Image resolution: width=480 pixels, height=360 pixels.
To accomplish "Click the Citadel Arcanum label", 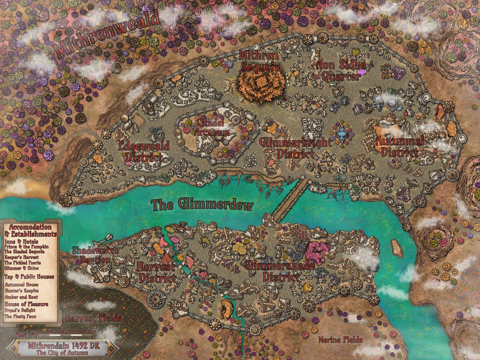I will pos(212,127).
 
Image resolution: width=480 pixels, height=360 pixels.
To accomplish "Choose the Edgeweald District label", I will pos(144,151).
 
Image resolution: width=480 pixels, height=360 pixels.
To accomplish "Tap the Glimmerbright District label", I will pos(295,148).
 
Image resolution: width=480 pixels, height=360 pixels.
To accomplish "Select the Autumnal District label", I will pos(400,146).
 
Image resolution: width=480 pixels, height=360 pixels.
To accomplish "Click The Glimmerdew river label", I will pos(202,205).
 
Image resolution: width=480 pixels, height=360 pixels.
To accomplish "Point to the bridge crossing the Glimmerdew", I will pos(289,200).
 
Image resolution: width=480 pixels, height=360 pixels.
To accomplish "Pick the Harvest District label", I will pos(157,272).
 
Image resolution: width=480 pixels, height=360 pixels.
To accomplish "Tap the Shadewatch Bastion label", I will pos(95,255).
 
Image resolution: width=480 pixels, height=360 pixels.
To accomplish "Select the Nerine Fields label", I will pos(340,339).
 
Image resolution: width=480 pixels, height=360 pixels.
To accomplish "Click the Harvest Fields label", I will pos(93,318).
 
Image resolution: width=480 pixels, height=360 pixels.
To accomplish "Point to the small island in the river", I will pos(397,248).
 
